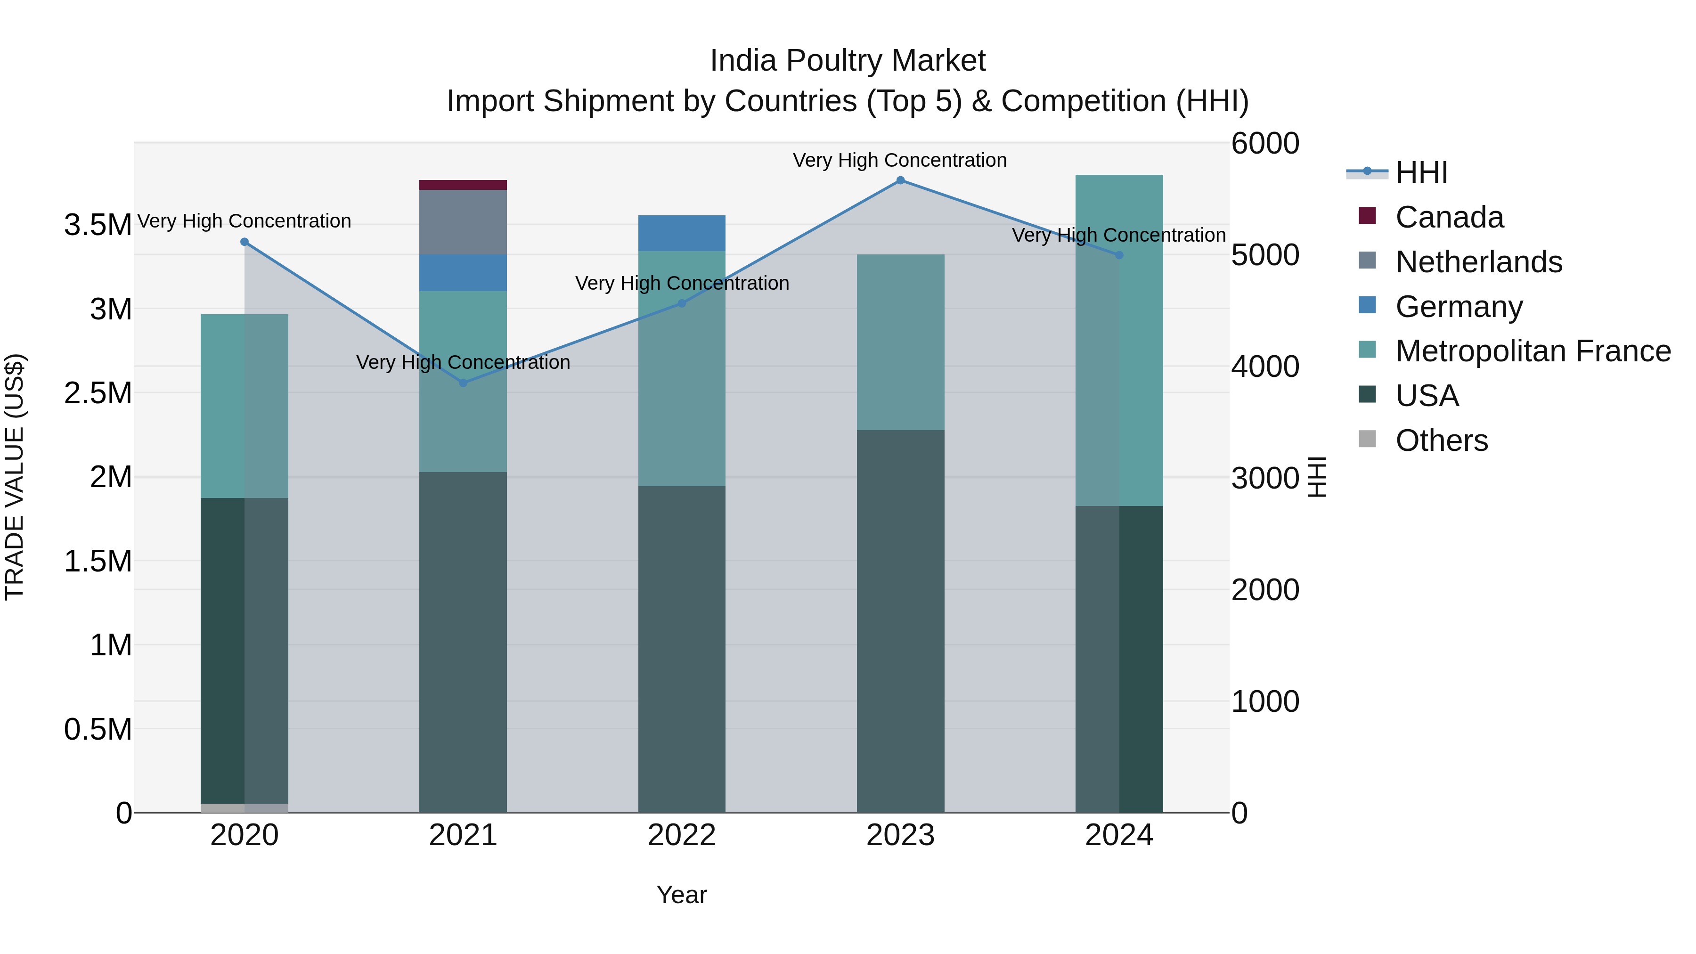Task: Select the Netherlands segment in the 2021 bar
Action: point(463,222)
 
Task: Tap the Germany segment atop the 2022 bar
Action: point(681,233)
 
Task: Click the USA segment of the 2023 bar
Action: point(900,621)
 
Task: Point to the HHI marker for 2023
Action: point(900,180)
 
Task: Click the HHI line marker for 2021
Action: point(463,383)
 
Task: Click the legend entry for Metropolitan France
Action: point(1532,351)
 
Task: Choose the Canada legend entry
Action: point(1449,217)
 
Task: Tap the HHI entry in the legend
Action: point(1421,172)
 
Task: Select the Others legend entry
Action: point(1441,440)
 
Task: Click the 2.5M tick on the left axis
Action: point(98,393)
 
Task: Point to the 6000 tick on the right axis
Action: point(1265,144)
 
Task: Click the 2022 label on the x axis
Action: point(681,835)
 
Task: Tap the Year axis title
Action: point(681,895)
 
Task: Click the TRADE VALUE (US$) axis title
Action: point(15,477)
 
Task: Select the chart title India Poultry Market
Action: point(848,61)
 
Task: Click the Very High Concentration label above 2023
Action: point(899,160)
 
